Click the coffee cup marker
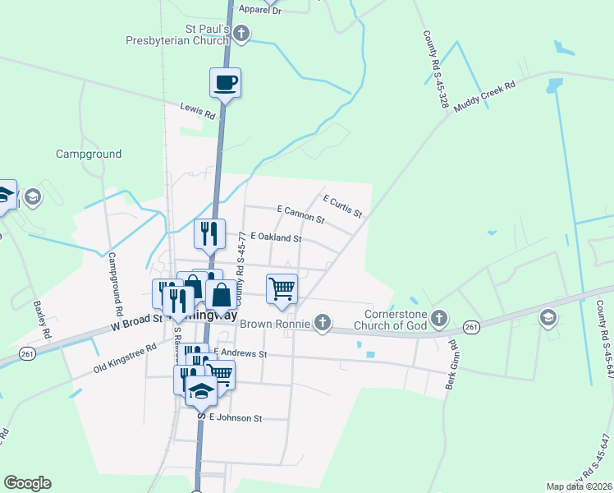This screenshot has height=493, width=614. (225, 82)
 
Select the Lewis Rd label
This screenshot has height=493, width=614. (198, 111)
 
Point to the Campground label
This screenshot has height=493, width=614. (89, 154)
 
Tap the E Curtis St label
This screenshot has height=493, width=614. (343, 206)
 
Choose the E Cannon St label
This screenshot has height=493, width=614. (301, 215)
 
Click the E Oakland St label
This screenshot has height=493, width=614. (277, 237)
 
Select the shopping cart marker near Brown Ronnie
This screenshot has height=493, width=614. (282, 288)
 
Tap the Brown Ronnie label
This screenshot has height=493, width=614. (275, 323)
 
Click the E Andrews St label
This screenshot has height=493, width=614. (241, 353)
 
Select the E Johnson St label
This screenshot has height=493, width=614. (236, 418)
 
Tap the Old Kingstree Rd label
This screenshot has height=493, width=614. (125, 357)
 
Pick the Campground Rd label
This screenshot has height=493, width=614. (115, 284)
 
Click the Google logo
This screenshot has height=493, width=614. (27, 483)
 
